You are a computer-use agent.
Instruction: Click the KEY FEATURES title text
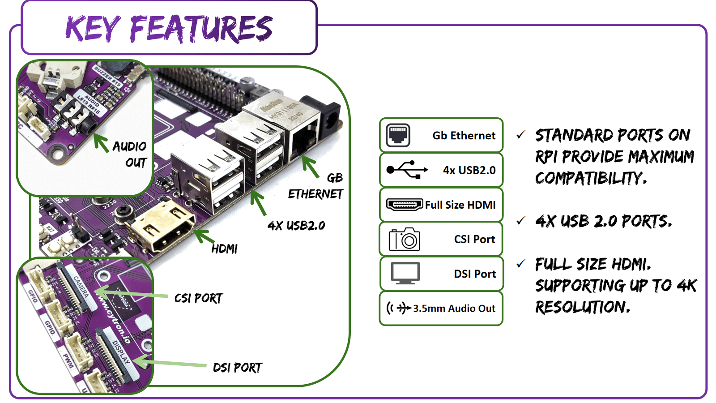point(169,28)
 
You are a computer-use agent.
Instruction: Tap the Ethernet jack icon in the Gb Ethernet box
point(398,135)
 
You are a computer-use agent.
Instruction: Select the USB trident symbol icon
point(407,170)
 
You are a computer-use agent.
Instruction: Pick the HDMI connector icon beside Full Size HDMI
point(404,205)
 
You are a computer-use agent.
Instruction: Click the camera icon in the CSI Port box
point(404,239)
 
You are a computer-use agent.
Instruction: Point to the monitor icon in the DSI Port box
point(405,273)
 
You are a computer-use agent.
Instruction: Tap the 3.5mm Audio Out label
point(454,309)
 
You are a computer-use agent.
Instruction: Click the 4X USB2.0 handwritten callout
point(296,225)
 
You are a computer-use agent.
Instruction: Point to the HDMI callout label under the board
point(225,249)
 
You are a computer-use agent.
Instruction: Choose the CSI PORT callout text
point(198,298)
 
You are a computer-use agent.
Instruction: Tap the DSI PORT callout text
point(238,368)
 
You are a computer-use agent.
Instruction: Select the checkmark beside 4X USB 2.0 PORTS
point(520,220)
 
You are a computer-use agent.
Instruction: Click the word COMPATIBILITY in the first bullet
point(591,178)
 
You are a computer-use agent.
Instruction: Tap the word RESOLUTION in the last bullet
point(582,307)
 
